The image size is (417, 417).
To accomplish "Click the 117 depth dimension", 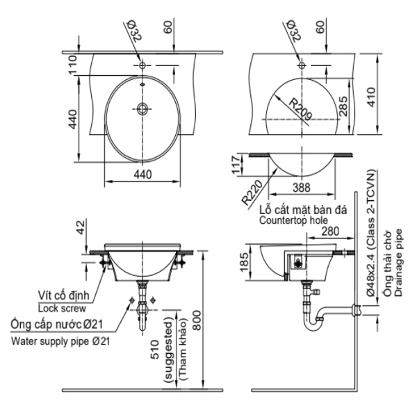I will [238, 164].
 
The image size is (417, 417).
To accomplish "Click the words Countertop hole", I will [291, 221].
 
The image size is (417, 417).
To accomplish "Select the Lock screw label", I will [62, 306].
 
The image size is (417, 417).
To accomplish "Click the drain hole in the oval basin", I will [142, 108].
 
